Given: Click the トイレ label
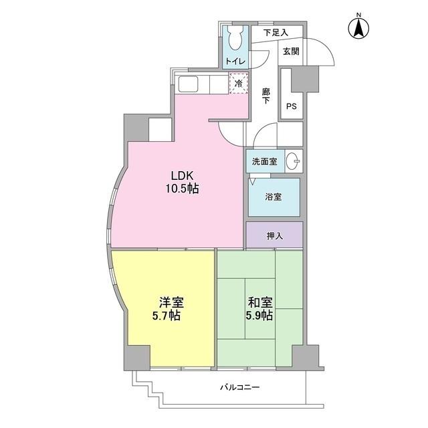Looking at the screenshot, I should tap(235, 62).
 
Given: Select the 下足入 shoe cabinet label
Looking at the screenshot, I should tap(276, 32).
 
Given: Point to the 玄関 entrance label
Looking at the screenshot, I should tap(290, 51).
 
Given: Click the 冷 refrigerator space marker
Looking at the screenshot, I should tap(238, 84).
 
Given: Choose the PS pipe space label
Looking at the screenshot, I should tap(292, 106).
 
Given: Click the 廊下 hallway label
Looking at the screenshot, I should tap(265, 96).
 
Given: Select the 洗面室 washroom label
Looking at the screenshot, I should tap(265, 161).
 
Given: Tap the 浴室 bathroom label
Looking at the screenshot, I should tap(274, 197).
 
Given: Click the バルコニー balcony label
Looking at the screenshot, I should tap(239, 387).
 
